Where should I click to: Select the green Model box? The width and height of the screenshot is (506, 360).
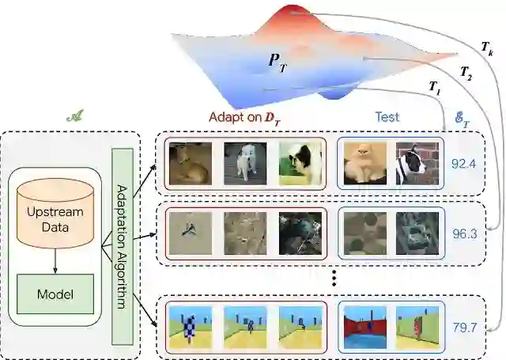56,294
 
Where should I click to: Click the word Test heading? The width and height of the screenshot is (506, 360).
387,116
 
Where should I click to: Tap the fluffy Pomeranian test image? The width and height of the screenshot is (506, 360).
364,165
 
